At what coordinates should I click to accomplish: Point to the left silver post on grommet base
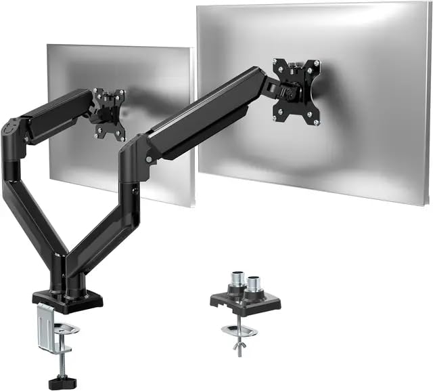pos(237,281)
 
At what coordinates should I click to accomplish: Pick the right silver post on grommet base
pos(254,283)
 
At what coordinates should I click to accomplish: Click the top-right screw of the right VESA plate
pos(316,63)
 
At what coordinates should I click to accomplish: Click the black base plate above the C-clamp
pos(68,300)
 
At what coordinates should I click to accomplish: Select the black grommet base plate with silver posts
pos(244,302)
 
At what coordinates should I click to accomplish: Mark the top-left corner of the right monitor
pos(198,9)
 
